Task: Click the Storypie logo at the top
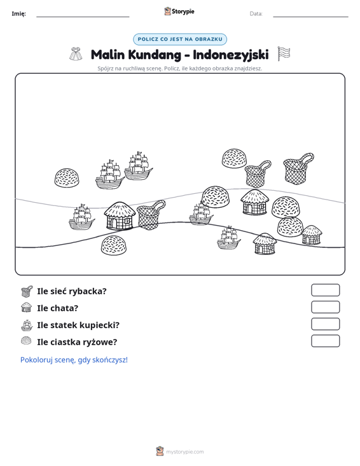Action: click(179, 11)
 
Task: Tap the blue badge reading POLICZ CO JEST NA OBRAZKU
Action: click(180, 39)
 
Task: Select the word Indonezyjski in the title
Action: click(231, 55)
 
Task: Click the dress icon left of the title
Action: click(76, 54)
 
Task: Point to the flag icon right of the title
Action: click(284, 54)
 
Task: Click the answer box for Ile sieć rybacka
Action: click(325, 290)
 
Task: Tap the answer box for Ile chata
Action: click(325, 307)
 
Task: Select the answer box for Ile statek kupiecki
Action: click(325, 324)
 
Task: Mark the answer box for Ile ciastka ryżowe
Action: click(325, 341)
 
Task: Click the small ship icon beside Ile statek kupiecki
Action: click(27, 325)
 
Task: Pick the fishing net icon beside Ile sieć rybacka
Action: click(27, 291)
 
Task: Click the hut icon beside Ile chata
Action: click(27, 307)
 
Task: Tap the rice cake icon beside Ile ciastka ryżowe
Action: click(27, 341)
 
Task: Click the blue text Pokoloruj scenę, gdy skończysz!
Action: click(74, 360)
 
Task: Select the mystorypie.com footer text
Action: click(184, 452)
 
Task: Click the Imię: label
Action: click(18, 14)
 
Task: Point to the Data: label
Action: click(256, 14)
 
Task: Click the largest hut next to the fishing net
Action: click(120, 216)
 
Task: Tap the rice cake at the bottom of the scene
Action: click(114, 245)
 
